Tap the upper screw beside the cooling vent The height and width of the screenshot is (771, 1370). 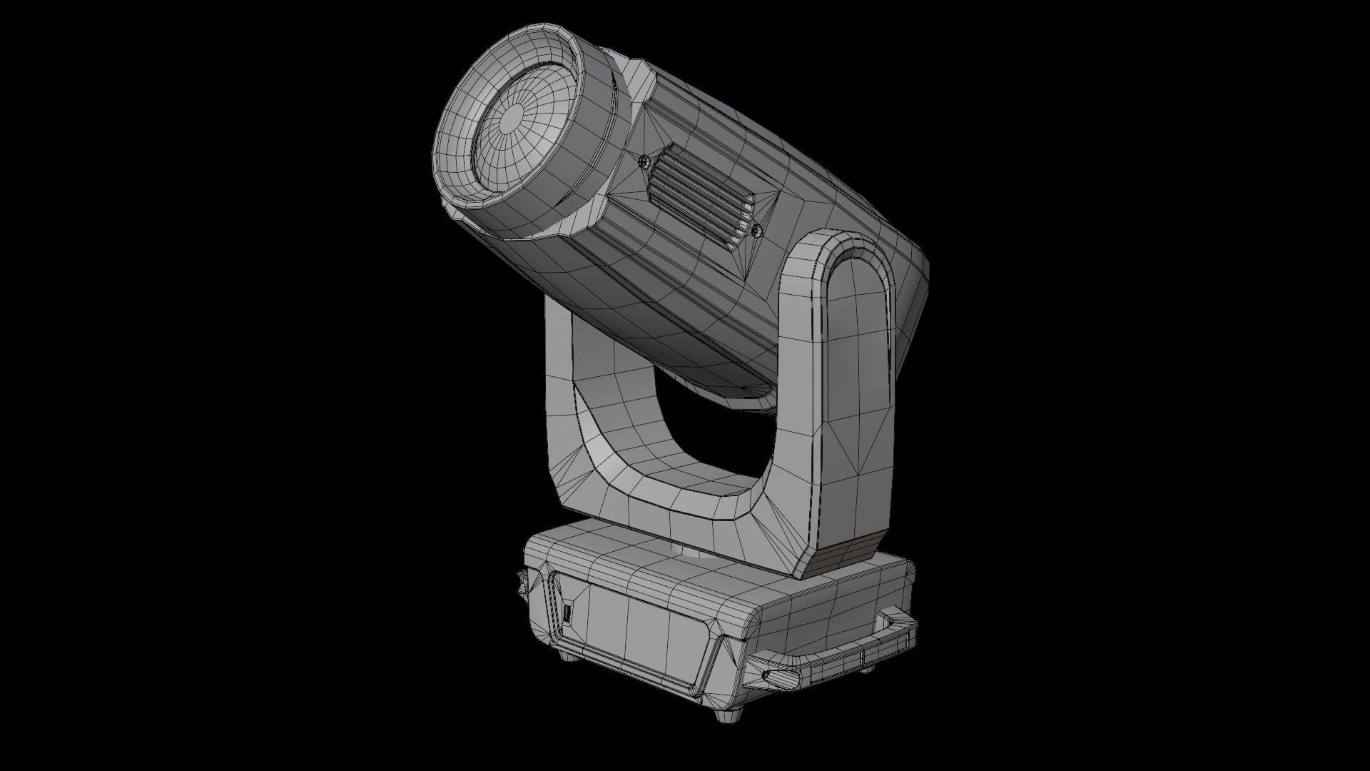(645, 161)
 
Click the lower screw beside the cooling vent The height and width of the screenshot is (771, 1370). (757, 230)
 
